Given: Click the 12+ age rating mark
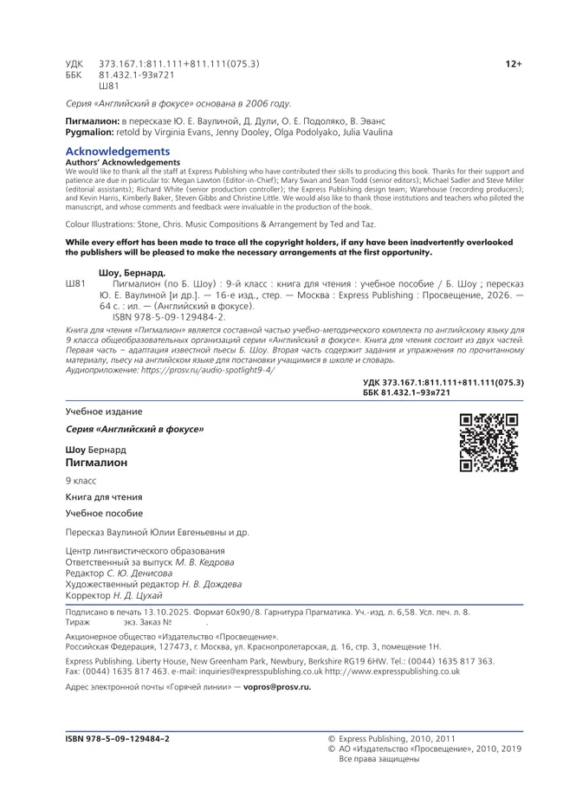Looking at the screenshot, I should [x=514, y=64].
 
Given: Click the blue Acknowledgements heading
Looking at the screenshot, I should [x=112, y=152].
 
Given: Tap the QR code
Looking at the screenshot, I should [x=489, y=443].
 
